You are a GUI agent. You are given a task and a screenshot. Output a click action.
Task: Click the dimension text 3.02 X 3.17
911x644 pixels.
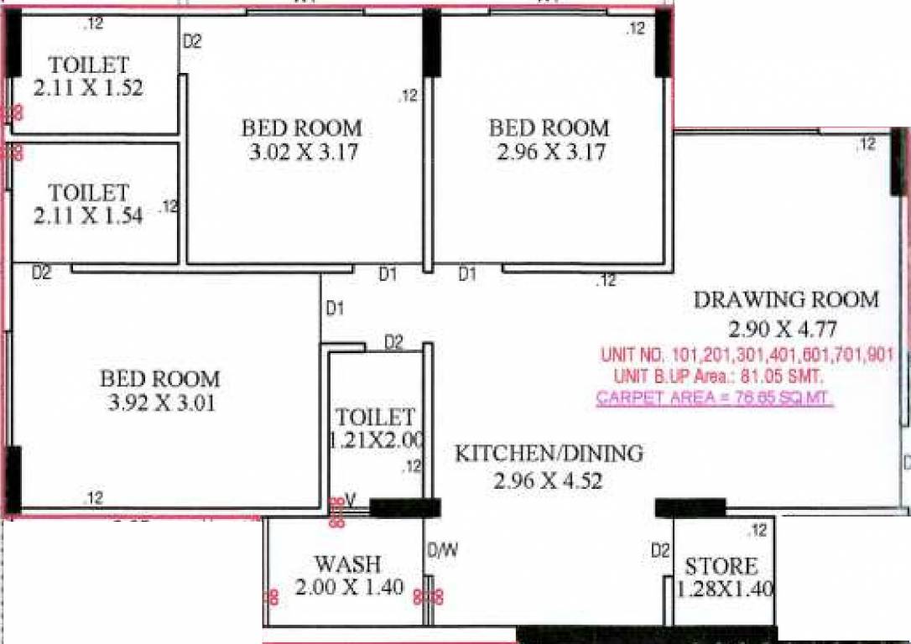click(x=302, y=153)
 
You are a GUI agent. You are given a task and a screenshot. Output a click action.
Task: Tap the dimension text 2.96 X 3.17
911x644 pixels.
click(x=549, y=153)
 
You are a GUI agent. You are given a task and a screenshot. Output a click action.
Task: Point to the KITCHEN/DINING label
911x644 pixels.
click(x=549, y=454)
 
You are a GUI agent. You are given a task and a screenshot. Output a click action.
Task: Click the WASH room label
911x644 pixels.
click(x=347, y=563)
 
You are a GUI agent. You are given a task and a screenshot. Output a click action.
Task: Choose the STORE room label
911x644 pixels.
click(x=721, y=565)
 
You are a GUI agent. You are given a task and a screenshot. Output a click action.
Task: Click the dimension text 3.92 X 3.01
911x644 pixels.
click(x=163, y=403)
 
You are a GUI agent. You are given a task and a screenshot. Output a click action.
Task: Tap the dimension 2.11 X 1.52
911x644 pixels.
click(x=89, y=87)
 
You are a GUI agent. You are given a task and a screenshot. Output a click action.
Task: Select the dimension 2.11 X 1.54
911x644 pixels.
click(x=88, y=216)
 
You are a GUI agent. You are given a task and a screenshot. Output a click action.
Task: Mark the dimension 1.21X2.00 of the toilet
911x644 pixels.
click(x=378, y=440)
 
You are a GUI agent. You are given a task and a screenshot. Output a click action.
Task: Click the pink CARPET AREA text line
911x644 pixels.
click(x=714, y=398)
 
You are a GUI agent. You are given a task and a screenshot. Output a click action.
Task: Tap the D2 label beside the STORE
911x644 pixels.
click(x=660, y=551)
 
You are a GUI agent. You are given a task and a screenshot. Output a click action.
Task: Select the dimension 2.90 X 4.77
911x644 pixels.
click(x=782, y=328)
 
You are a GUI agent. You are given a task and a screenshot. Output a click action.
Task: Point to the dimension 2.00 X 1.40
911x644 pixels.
click(x=350, y=588)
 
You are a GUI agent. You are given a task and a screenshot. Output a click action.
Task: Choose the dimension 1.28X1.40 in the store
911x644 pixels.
click(x=725, y=589)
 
